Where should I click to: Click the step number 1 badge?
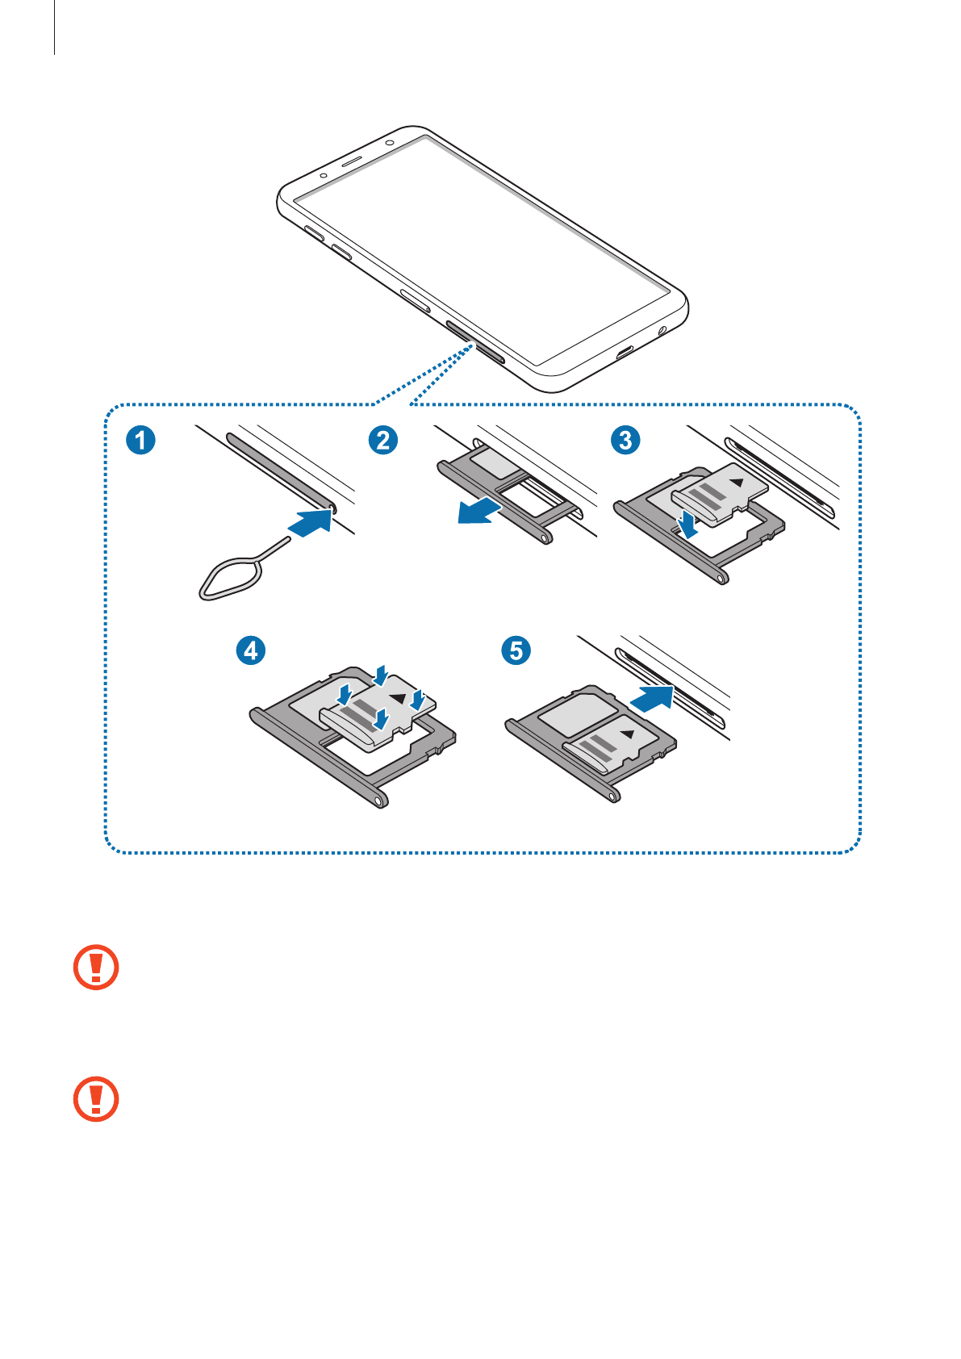tap(141, 440)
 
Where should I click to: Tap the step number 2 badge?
tap(383, 440)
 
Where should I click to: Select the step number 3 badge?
tap(625, 440)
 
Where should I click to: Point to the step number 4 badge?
tap(251, 650)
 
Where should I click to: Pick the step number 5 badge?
tap(516, 650)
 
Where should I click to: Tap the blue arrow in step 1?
tap(312, 521)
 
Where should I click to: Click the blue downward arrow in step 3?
tap(687, 523)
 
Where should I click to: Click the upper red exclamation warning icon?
tap(96, 967)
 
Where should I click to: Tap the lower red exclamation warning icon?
tap(96, 1098)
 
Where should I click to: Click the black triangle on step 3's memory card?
tap(737, 483)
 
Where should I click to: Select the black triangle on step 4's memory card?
tap(398, 696)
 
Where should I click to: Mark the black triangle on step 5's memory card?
tap(628, 734)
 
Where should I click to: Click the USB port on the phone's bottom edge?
tap(625, 352)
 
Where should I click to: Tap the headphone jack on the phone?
tap(663, 330)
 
